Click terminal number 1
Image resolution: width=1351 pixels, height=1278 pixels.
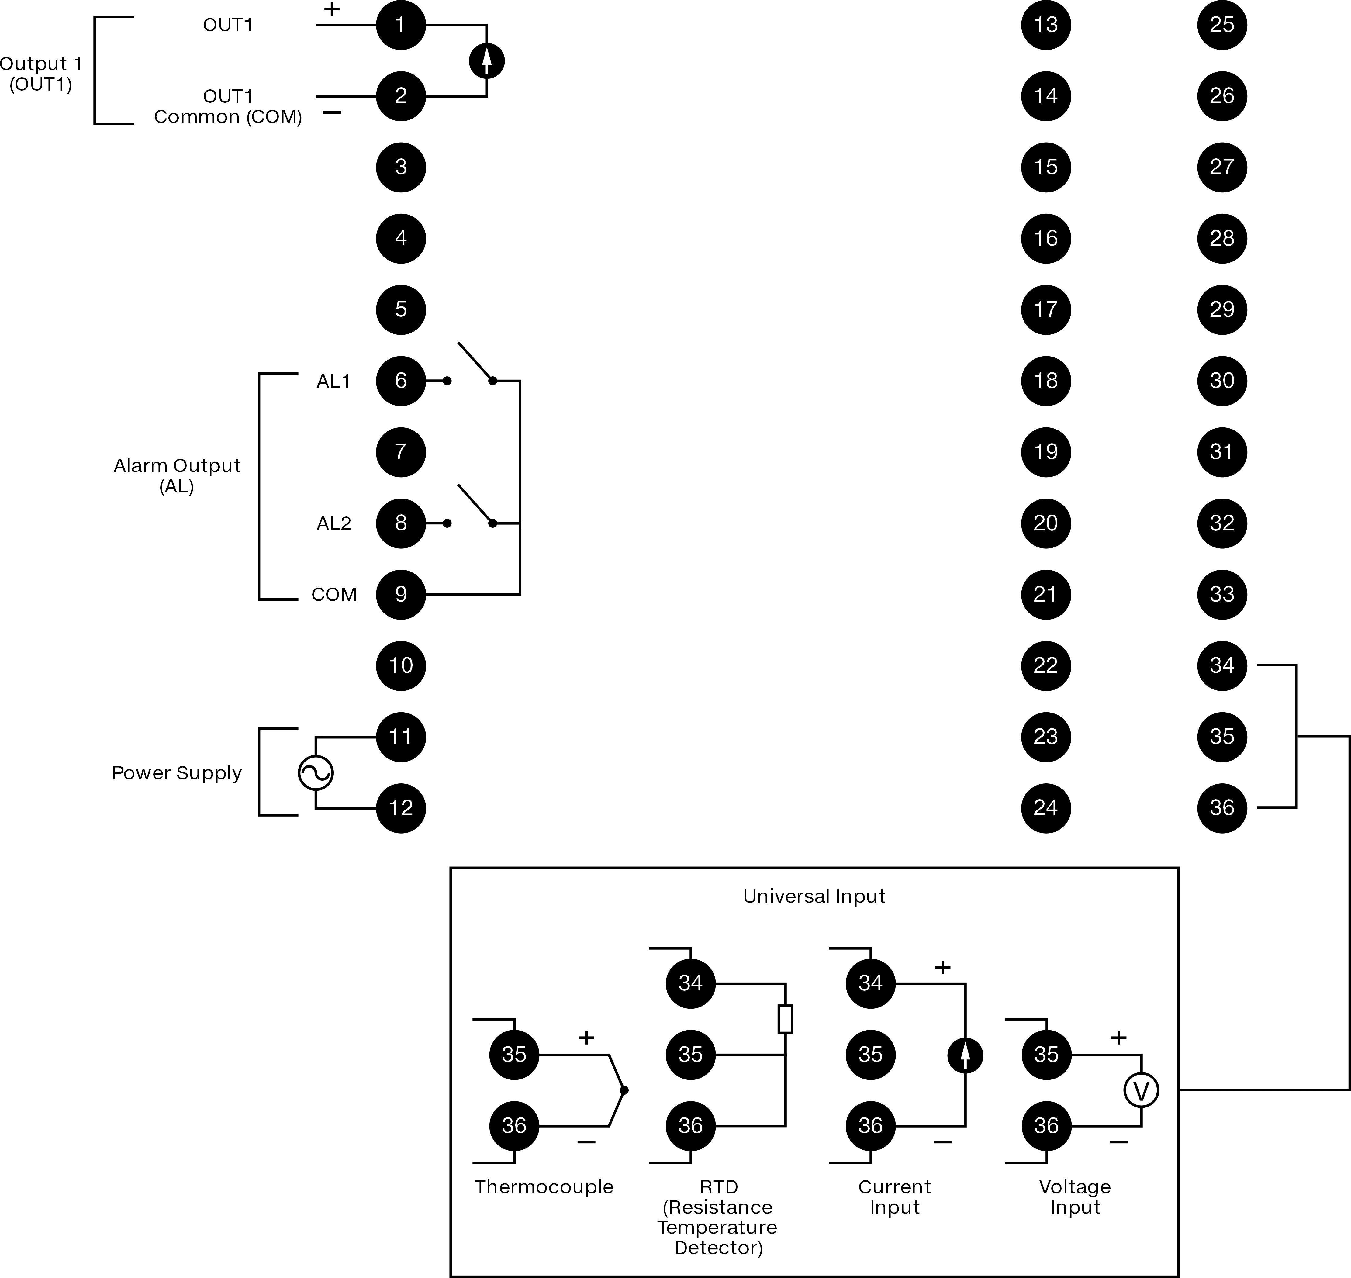[x=401, y=25]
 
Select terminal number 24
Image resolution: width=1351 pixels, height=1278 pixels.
[x=1046, y=808]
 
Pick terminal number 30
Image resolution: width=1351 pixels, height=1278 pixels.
[x=1222, y=381]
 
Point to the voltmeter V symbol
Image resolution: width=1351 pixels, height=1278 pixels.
[x=1141, y=1090]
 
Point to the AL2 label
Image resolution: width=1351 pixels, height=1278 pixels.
[x=334, y=523]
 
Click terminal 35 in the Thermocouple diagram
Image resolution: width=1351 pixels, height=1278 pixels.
[x=514, y=1055]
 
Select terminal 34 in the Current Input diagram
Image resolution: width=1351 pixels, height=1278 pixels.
[x=871, y=983]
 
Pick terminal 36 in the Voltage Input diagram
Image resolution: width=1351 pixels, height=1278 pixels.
[x=1046, y=1125]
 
